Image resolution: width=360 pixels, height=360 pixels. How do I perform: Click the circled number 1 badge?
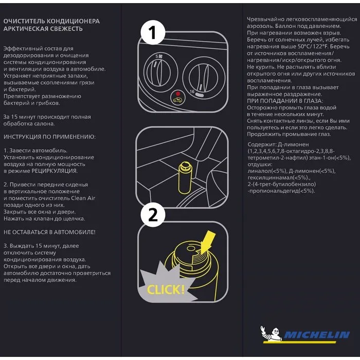tap(152, 33)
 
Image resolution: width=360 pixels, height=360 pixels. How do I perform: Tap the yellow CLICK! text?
tap(166, 289)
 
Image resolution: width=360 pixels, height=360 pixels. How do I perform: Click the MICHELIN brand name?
tap(317, 335)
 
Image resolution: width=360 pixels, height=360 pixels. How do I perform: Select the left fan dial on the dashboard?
tap(157, 69)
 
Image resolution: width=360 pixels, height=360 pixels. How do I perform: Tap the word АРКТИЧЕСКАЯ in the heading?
tap(27, 29)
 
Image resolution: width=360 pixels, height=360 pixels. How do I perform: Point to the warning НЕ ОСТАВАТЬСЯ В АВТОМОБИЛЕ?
tap(49, 232)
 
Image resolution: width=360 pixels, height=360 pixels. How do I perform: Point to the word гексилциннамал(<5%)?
tap(275, 177)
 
